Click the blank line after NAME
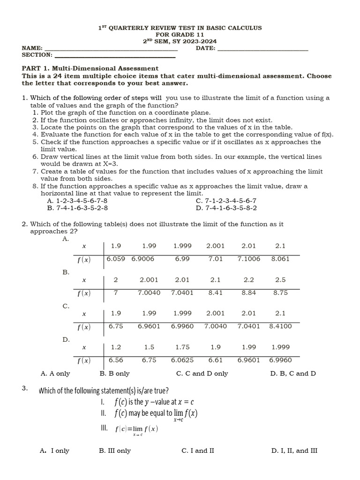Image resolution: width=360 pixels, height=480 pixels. tap(111, 49)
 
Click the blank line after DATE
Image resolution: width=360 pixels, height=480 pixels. tap(263, 49)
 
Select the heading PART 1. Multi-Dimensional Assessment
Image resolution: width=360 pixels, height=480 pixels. tap(90, 68)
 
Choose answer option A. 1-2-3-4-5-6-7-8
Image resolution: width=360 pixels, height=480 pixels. tap(77, 201)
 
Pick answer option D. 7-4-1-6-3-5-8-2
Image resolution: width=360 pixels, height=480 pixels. tap(226, 208)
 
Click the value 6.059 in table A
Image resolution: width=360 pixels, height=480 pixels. tap(116, 259)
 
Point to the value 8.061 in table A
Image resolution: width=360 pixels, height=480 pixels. tap(280, 259)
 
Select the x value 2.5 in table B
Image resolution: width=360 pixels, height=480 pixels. tap(280, 280)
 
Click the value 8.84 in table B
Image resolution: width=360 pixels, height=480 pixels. tap(248, 292)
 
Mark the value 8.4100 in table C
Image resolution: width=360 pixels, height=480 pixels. tap(280, 326)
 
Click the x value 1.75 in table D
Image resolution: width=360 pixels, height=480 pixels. tap(182, 347)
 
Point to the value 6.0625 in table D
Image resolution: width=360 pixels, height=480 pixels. tap(182, 360)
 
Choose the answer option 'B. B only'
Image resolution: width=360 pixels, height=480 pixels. tap(114, 374)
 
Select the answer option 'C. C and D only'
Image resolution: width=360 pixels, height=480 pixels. tap(202, 374)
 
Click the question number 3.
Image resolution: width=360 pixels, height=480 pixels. tap(25, 388)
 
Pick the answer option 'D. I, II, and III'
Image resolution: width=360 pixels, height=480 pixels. tap(294, 450)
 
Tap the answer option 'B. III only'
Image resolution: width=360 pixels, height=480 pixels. tap(115, 450)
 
